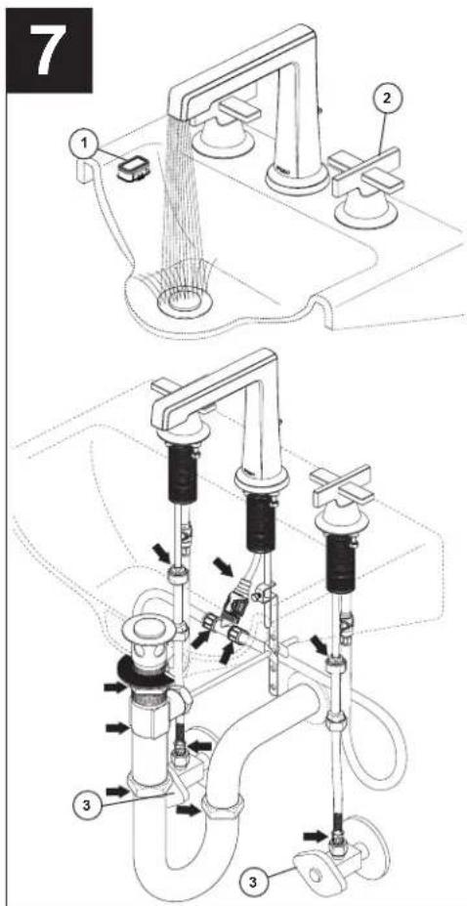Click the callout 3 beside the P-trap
click(x=87, y=804)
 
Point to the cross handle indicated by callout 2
click(x=364, y=172)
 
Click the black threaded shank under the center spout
click(x=260, y=520)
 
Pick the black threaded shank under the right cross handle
click(x=340, y=564)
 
